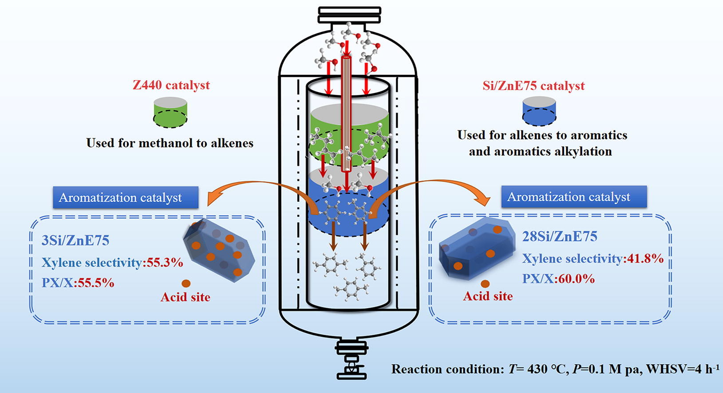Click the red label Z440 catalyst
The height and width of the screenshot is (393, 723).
click(x=171, y=85)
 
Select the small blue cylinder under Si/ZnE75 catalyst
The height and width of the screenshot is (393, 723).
click(x=539, y=113)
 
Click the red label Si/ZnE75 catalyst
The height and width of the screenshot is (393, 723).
click(x=533, y=86)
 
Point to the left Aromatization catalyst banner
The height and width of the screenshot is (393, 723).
click(x=126, y=197)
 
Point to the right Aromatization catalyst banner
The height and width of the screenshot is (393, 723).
click(x=573, y=196)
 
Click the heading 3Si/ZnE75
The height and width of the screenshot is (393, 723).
click(x=75, y=240)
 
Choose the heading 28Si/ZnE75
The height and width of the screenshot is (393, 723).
click(x=559, y=236)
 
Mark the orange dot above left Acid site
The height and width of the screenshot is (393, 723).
click(x=186, y=283)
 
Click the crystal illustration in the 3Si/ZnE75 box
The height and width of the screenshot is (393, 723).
click(x=219, y=249)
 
